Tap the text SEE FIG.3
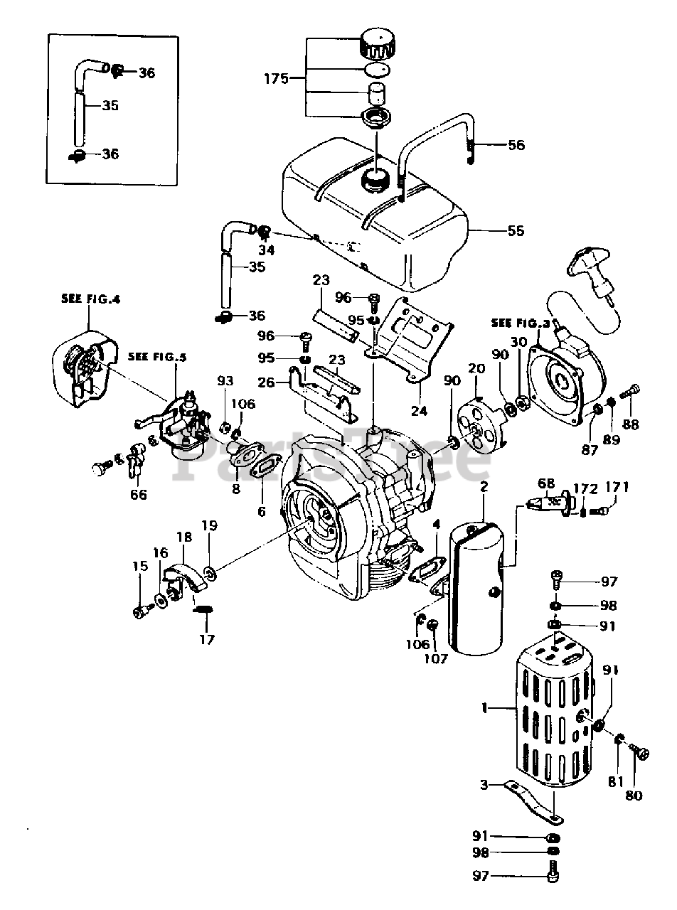click(x=521, y=322)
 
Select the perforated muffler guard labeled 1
click(x=551, y=711)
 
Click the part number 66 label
click(x=138, y=493)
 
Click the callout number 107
click(x=436, y=658)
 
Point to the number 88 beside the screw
click(x=630, y=425)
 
